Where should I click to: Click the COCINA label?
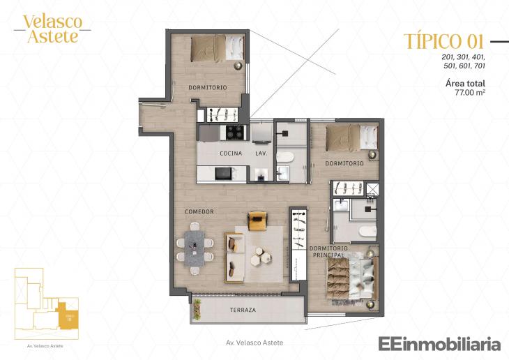coord(231,153)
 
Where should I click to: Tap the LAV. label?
coord(261,153)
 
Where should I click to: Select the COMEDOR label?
coord(199,211)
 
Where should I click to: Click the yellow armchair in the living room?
coord(257,220)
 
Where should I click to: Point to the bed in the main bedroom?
coord(354,272)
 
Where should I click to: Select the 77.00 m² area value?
coord(470,91)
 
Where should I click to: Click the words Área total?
coord(465,83)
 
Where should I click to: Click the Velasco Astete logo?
coord(52,29)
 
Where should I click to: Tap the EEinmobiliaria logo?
coord(439,344)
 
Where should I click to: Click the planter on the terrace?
coord(197,309)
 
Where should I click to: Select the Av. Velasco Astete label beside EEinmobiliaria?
coord(254,343)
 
